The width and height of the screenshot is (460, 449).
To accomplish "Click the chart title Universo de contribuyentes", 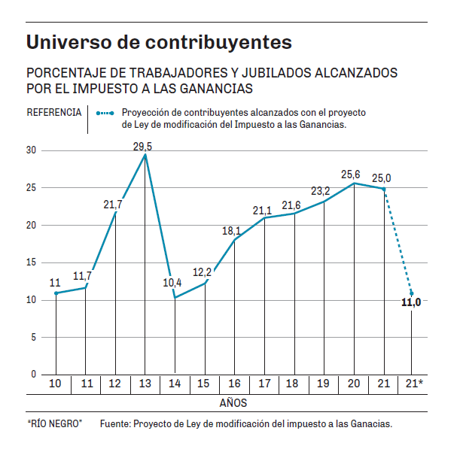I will click(x=159, y=42).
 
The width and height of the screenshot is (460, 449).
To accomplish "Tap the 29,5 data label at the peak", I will click(x=143, y=147).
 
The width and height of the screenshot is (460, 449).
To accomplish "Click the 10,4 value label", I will click(x=172, y=283).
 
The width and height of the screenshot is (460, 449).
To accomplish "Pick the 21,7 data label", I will click(x=113, y=204).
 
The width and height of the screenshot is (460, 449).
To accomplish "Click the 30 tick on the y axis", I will click(x=31, y=150).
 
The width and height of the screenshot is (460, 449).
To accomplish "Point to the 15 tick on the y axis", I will click(x=31, y=262).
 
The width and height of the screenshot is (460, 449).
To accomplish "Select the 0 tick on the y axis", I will click(x=34, y=374).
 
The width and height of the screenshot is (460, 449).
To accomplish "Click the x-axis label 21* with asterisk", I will click(x=414, y=384).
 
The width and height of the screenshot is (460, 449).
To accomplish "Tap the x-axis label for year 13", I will click(x=144, y=384).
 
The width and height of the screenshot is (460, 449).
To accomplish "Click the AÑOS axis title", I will click(x=233, y=403).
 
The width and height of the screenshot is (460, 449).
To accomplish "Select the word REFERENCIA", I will click(x=54, y=113).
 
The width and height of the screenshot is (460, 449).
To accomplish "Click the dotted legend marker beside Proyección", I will click(x=106, y=113).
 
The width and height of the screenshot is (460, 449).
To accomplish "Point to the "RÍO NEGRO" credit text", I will click(x=54, y=424).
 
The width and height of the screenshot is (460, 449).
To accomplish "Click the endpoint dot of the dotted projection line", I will click(x=412, y=293).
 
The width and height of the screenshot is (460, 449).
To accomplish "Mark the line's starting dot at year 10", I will click(x=56, y=293).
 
